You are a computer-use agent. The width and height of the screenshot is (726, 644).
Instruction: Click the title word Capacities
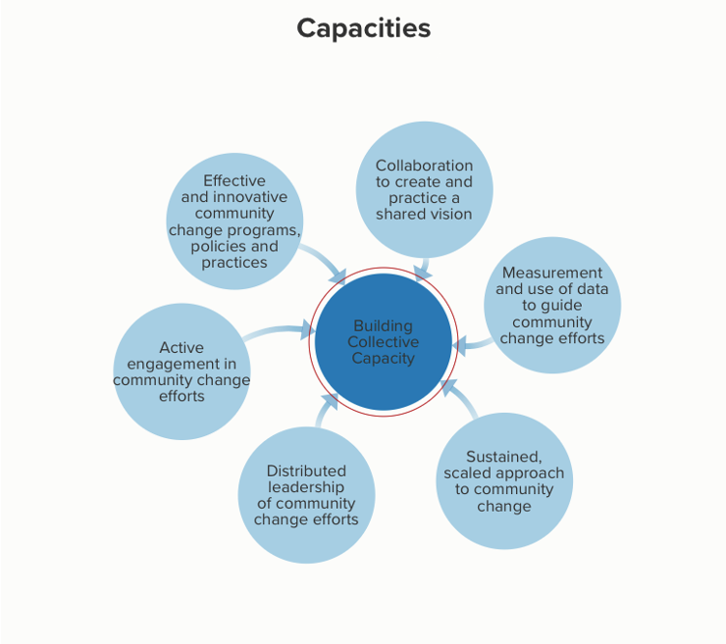pos(363,27)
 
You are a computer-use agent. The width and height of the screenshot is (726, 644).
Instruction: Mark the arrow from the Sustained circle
pos(456,397)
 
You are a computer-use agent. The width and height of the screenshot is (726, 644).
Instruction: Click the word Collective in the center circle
pos(383,342)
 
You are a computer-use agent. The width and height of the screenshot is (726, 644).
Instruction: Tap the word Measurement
pos(551,272)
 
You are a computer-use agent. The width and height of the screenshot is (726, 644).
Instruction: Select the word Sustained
pos(503,457)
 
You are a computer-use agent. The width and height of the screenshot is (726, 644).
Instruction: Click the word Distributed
pos(306,471)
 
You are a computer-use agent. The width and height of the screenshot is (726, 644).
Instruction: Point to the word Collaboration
pos(424,166)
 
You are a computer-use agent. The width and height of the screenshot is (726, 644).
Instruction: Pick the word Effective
pos(234,180)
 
